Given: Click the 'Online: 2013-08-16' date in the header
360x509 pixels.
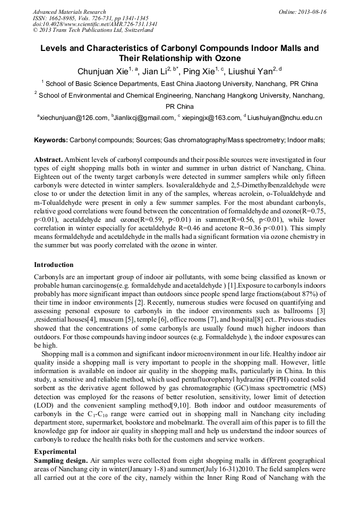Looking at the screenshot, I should click(302, 12).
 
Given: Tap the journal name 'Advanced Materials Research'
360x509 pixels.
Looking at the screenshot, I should click(69, 12).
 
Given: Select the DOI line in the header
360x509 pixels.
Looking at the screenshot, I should click(95, 24).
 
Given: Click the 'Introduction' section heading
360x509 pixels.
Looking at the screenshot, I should click(54, 265).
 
